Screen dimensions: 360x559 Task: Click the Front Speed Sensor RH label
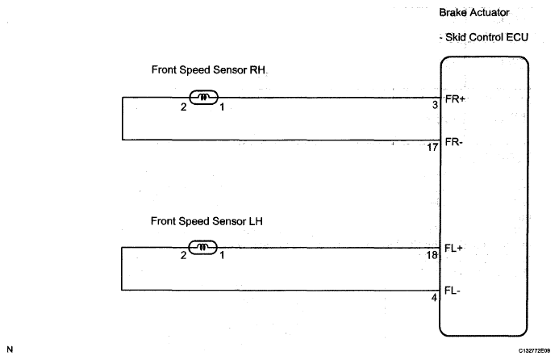pos(208,69)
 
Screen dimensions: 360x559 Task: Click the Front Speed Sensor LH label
pos(207,220)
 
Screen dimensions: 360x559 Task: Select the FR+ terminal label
pos(457,98)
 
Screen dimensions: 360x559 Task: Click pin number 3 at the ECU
pos(434,105)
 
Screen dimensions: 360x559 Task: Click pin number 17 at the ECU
pos(432,148)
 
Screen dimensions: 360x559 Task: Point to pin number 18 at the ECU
pos(432,256)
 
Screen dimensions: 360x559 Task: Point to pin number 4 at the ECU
pos(434,298)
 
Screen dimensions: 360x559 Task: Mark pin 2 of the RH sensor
pos(184,107)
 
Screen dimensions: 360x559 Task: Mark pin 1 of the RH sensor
pos(222,107)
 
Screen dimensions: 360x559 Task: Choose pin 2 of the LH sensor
pos(183,256)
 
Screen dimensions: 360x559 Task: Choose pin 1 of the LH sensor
pos(222,256)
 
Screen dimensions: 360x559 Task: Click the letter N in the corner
pos(10,350)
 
